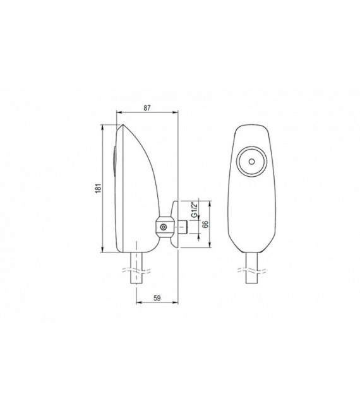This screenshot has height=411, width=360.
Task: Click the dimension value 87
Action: (x=147, y=108)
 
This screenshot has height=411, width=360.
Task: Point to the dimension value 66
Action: (x=205, y=224)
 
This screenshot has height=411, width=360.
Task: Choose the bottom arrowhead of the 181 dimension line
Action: (x=102, y=252)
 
